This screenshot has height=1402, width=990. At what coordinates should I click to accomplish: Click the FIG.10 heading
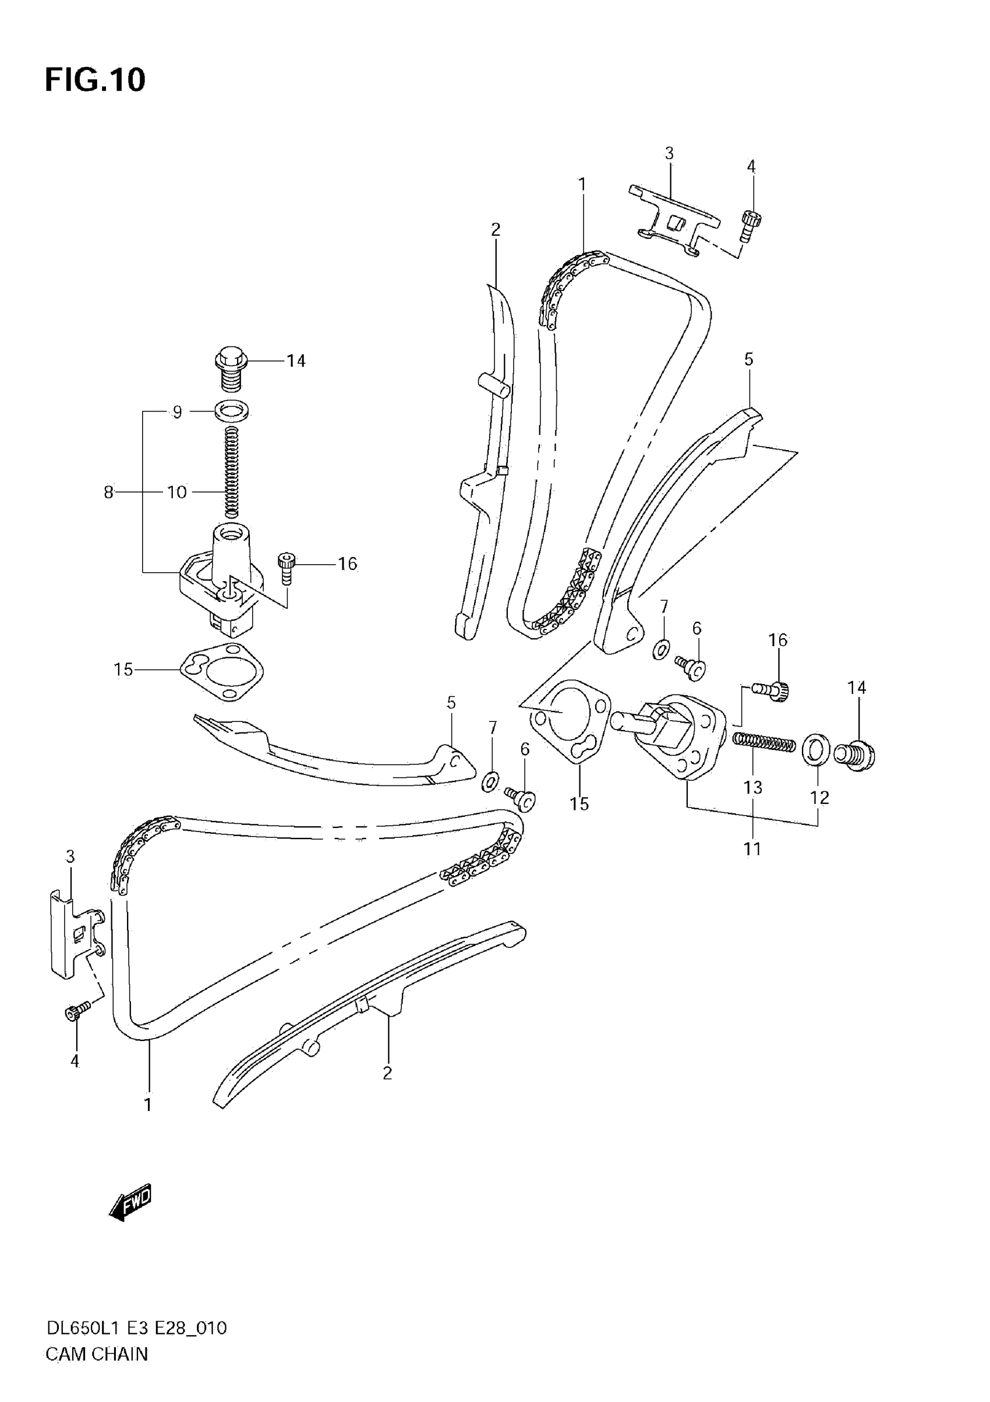click(96, 80)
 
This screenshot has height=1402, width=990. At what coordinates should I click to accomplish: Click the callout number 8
click(108, 492)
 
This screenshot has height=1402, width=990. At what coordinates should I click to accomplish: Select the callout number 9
click(177, 412)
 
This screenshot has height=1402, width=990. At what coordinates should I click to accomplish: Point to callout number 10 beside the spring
click(177, 492)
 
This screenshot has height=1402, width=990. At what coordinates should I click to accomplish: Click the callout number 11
click(752, 849)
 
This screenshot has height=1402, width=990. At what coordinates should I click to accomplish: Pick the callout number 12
click(819, 798)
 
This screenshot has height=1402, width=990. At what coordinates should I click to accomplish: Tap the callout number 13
click(752, 788)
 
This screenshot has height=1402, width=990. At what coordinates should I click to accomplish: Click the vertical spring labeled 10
click(231, 472)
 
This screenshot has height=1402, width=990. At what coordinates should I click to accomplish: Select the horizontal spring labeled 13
click(763, 742)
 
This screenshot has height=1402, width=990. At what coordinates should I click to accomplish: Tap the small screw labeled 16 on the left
click(286, 567)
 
